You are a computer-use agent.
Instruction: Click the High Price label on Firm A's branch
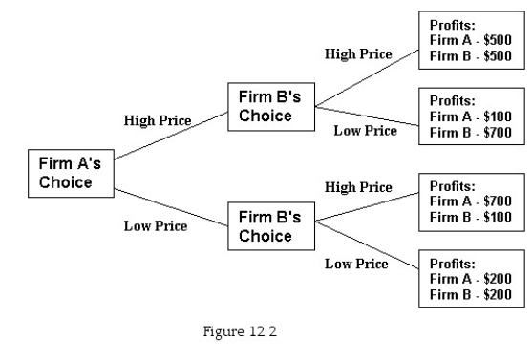158,121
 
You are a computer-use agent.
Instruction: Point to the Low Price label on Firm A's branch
156,226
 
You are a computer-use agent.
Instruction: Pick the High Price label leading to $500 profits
358,54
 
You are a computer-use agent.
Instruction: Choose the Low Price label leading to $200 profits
356,264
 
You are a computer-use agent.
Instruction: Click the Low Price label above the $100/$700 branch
365,130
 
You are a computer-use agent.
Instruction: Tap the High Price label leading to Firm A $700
358,187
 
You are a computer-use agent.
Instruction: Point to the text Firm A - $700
472,201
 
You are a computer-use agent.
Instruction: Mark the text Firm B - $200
472,295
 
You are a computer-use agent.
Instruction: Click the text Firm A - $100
472,116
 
